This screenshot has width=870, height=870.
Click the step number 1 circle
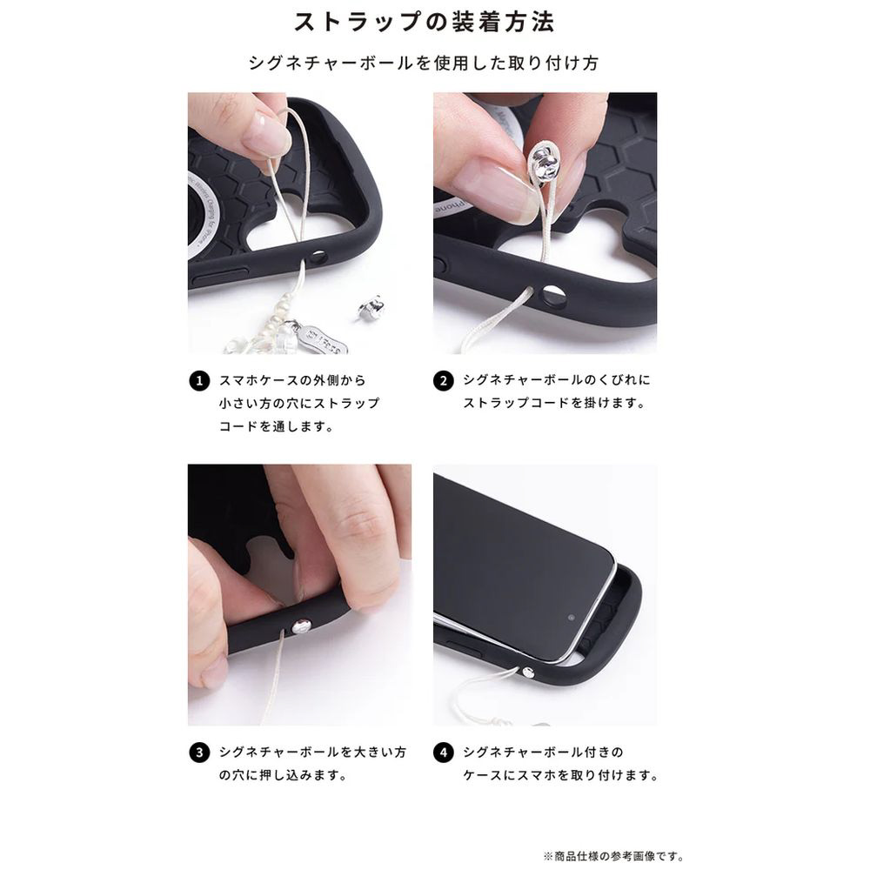[x=199, y=381]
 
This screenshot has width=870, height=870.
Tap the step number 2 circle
[x=444, y=381]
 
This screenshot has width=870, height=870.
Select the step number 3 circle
[x=199, y=753]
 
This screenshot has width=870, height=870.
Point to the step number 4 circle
[x=444, y=753]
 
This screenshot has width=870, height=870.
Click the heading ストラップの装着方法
[x=424, y=23]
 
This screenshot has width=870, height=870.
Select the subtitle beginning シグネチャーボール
[x=424, y=63]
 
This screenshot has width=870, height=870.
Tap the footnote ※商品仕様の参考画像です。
[x=613, y=856]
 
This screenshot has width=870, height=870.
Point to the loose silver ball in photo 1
[x=371, y=307]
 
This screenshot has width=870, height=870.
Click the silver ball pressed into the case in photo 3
[x=301, y=627]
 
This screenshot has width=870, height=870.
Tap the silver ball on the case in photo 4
[x=528, y=673]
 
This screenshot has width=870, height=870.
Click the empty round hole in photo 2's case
[x=554, y=296]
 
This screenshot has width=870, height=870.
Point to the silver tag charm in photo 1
[x=324, y=337]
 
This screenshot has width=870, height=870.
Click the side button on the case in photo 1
[x=220, y=277]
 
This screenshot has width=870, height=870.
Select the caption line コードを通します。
[x=277, y=426]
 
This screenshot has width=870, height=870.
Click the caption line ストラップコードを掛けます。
[x=554, y=403]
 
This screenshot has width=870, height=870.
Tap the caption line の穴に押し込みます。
[x=283, y=775]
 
